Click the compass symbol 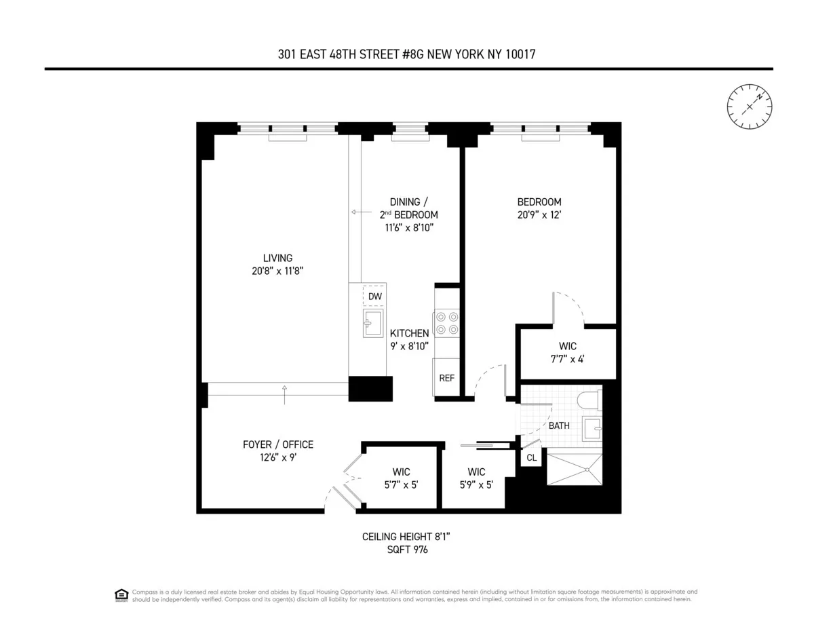click(x=750, y=107)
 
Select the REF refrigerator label click(x=446, y=378)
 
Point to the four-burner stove click(x=446, y=322)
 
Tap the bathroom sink click(x=592, y=429)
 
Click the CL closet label click(x=532, y=458)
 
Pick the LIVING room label click(x=277, y=258)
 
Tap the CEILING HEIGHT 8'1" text click(x=406, y=537)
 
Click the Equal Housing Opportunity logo click(x=121, y=594)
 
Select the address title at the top click(x=407, y=54)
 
